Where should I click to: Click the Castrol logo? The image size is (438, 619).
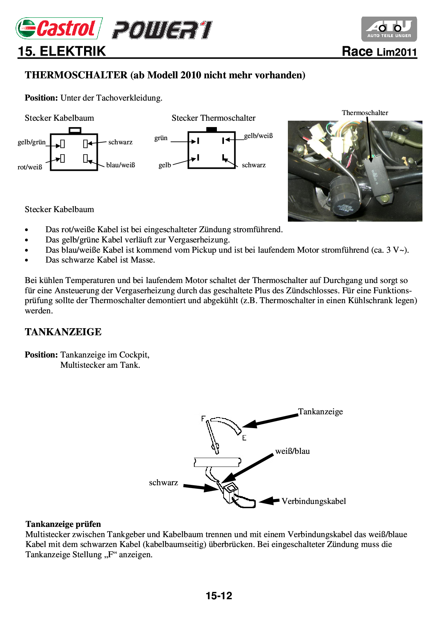pos(59,28)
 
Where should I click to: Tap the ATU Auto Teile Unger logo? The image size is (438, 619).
pos(389,29)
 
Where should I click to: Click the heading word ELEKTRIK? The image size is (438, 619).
pos(72,52)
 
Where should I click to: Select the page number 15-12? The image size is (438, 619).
pos(219,596)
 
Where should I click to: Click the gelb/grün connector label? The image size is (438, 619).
pos(32,142)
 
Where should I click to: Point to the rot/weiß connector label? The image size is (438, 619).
pos(30,167)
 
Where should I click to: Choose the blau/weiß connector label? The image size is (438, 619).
pos(120,165)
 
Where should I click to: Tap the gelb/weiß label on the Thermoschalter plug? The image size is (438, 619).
pos(258,136)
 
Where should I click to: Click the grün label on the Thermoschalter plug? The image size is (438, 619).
pos(161,138)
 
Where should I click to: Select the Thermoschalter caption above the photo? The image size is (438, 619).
pos(365,113)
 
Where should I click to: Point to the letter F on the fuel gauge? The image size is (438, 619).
pos(203,419)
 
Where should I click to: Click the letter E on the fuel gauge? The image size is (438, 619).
pos(244,438)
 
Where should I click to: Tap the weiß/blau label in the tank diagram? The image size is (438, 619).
pos(292,451)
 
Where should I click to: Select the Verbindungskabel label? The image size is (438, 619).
pos(314,501)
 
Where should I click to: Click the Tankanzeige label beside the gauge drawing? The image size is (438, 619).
pos(320,412)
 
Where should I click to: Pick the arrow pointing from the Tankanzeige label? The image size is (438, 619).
pos(270,420)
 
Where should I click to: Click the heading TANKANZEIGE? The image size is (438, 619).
pos(63,332)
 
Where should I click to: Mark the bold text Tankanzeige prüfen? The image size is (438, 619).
pos(63,524)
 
